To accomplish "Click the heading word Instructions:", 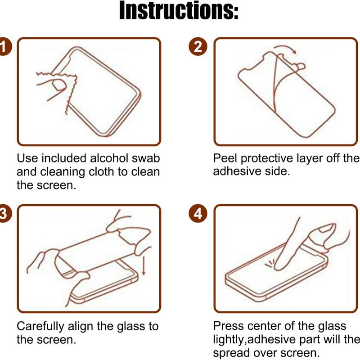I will [179, 12].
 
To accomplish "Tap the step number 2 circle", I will [198, 46].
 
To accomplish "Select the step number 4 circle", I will [198, 213].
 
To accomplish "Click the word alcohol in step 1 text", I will [110, 159].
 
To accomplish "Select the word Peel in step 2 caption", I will [225, 159].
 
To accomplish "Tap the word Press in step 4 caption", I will [227, 326].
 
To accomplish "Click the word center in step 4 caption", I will [265, 326].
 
